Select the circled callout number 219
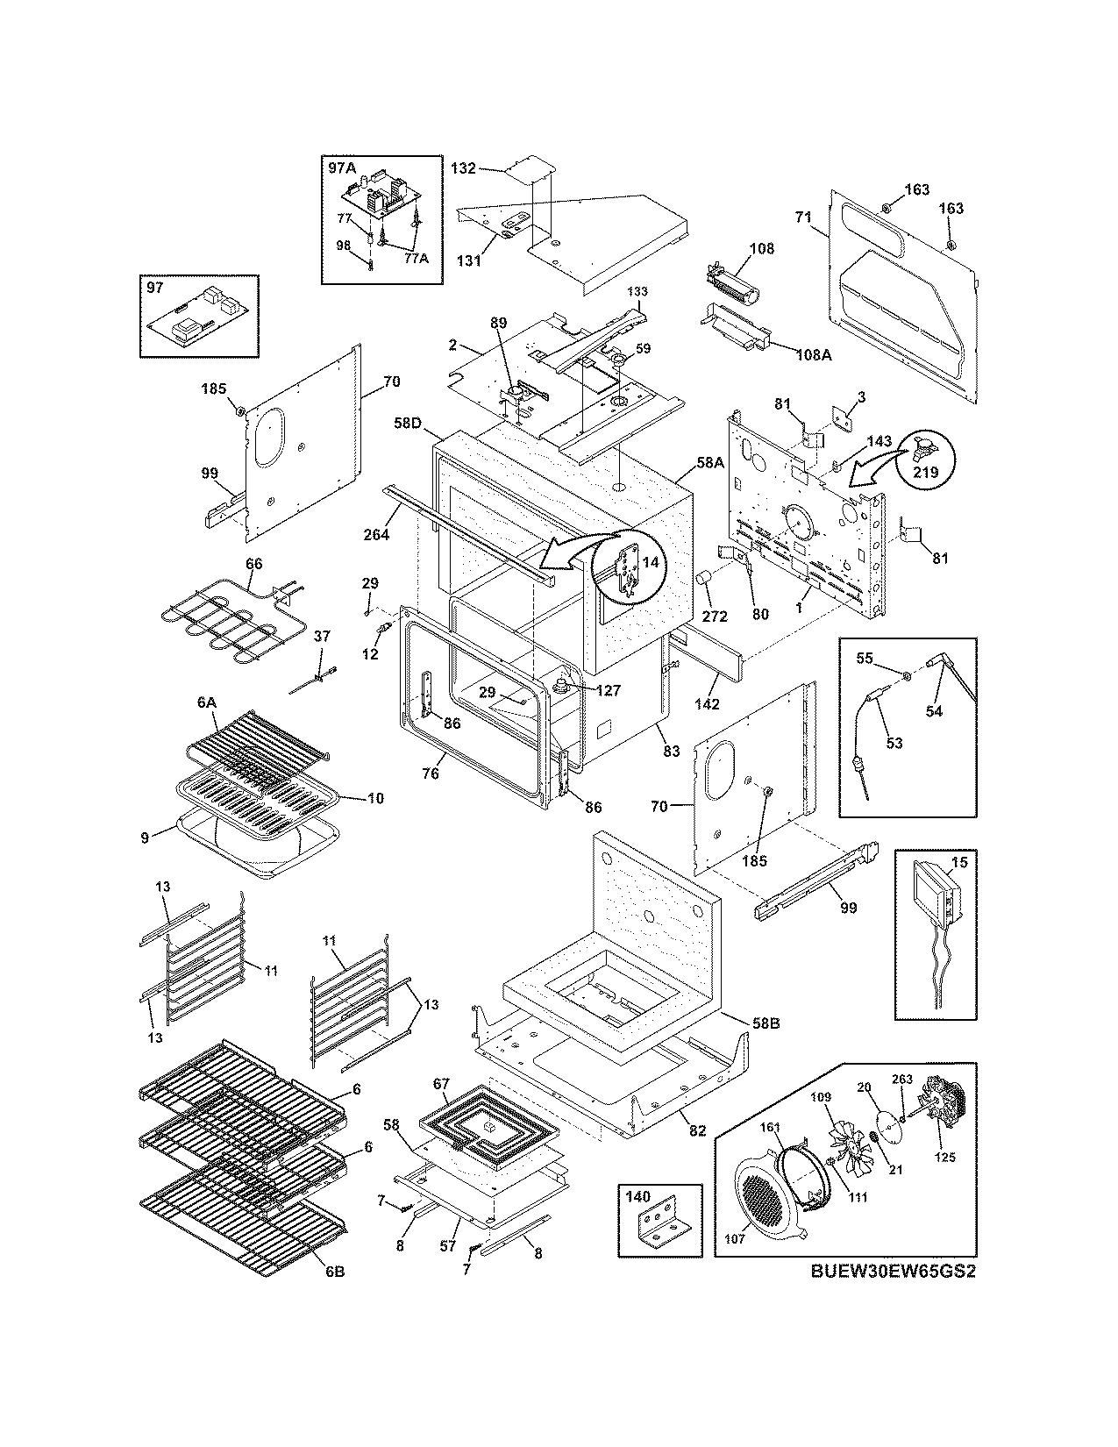pyautogui.click(x=925, y=473)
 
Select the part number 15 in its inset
pyautogui.click(x=959, y=863)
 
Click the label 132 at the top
pyautogui.click(x=463, y=167)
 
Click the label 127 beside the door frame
pyautogui.click(x=608, y=690)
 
